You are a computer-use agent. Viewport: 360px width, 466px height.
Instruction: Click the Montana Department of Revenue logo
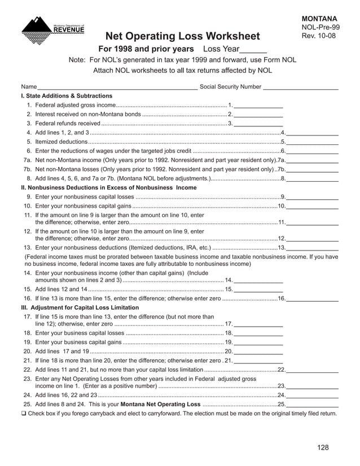(x=52, y=28)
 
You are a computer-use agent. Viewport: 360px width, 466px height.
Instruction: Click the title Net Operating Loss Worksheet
(x=183, y=37)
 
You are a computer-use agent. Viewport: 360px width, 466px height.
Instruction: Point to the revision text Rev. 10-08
(x=319, y=36)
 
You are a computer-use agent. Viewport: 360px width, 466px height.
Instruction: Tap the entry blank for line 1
(x=258, y=105)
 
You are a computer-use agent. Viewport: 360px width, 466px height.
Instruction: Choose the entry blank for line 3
(x=258, y=124)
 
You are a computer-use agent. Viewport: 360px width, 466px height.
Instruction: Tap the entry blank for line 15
(x=258, y=289)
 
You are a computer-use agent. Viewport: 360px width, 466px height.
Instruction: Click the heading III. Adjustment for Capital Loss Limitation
(x=80, y=307)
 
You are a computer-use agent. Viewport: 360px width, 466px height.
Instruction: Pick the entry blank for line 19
(x=258, y=342)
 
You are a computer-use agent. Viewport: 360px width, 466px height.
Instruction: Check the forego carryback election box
(x=23, y=414)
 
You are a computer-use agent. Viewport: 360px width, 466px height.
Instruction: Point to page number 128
(x=322, y=447)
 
